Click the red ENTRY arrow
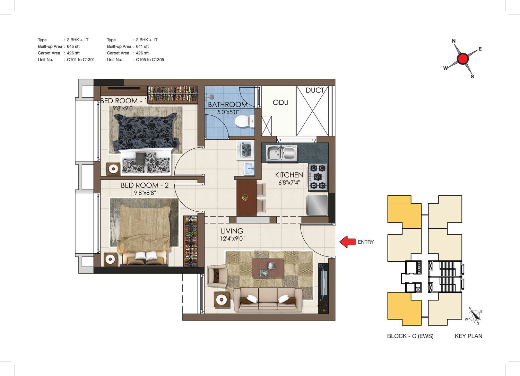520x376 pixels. click(x=347, y=242)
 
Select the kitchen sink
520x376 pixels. click(x=281, y=153)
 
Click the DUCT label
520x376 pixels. click(x=315, y=90)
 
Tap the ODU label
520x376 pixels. click(x=280, y=102)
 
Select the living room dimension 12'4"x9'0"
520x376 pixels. click(x=232, y=238)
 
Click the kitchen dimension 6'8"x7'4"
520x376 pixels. click(x=289, y=182)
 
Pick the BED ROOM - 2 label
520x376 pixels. click(x=145, y=185)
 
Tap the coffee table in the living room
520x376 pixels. click(x=268, y=268)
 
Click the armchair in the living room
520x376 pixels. click(x=217, y=277)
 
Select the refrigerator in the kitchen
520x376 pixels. click(x=317, y=205)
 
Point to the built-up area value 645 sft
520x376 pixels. click(x=73, y=46)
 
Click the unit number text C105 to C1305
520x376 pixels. click(x=150, y=60)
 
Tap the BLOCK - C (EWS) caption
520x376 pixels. click(x=410, y=336)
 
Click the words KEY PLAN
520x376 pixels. click(x=468, y=336)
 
